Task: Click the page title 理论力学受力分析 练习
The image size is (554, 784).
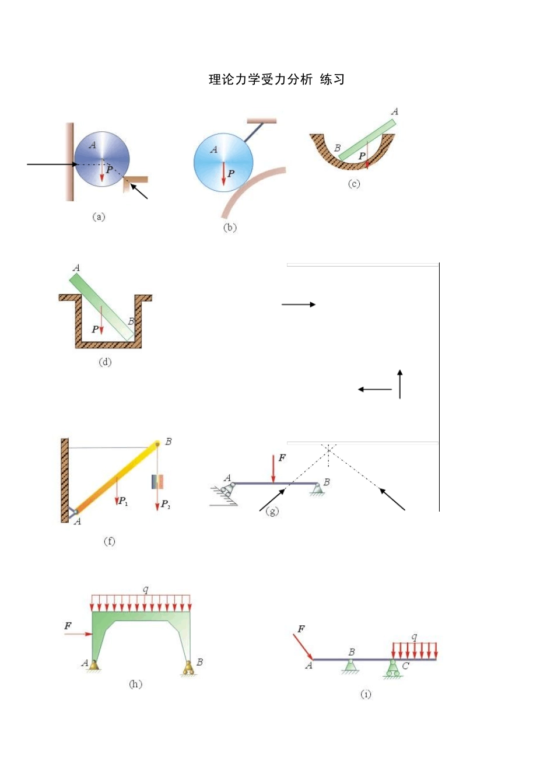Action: pos(276,80)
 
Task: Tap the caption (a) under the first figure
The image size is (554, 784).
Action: pos(99,216)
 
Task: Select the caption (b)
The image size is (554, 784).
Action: pos(230,228)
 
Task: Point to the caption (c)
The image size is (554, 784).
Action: pos(354,184)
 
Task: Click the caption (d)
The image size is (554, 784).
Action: pos(105,362)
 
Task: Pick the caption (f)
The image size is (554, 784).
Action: pos(109,541)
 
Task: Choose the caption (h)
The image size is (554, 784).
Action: pos(135,684)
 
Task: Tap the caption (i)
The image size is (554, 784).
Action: pos(366,694)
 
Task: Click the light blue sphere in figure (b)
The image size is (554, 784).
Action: pos(223,162)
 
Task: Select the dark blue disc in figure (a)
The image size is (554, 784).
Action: pos(102,158)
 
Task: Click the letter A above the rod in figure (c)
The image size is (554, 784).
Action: pos(395,111)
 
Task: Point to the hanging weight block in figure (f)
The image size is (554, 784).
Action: pos(157,482)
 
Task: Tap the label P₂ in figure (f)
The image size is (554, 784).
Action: pos(166,504)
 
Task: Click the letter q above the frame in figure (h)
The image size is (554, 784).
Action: pos(145,589)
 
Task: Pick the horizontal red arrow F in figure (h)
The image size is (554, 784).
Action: pos(79,633)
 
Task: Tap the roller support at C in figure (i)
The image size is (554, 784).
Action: pos(393,668)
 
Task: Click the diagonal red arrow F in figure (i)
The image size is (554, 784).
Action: pos(303,646)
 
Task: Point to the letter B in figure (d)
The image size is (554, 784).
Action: pos(131,321)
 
